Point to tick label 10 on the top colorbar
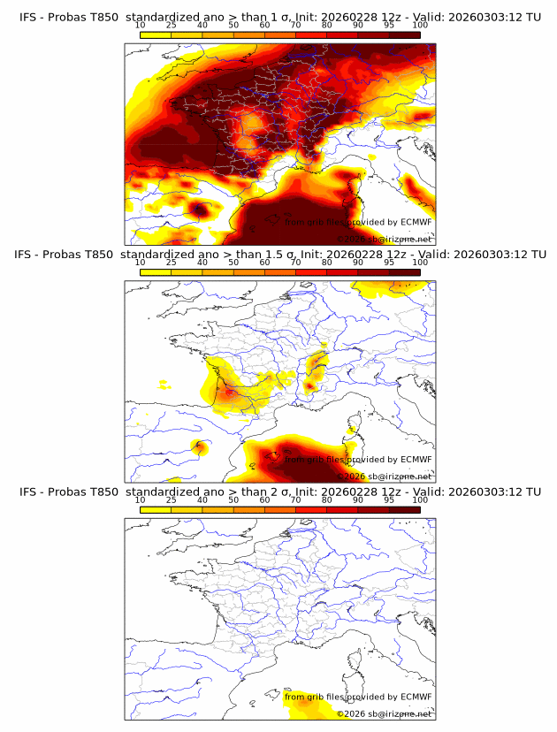pyautogui.click(x=141, y=25)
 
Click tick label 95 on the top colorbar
pyautogui.click(x=389, y=25)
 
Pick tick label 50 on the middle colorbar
pyautogui.click(x=233, y=263)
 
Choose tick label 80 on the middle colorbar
pyautogui.click(x=327, y=263)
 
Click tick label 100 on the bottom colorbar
pyautogui.click(x=420, y=499)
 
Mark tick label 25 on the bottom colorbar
pyautogui.click(x=172, y=499)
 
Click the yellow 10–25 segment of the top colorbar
pyautogui.click(x=156, y=34)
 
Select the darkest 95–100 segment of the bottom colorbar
pyautogui.click(x=405, y=509)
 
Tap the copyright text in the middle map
pyautogui.click(x=384, y=476)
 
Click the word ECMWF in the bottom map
pyautogui.click(x=416, y=697)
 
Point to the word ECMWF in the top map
pyautogui.click(x=416, y=222)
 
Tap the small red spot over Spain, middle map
pyautogui.click(x=201, y=446)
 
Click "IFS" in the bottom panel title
pyautogui.click(x=27, y=492)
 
